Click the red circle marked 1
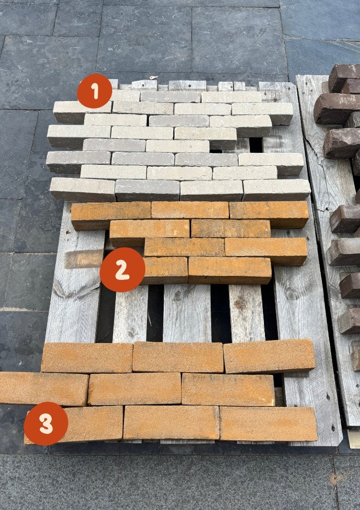click(95, 91)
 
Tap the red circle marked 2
click(122, 269)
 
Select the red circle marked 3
click(46, 424)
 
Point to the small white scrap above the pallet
click(152, 77)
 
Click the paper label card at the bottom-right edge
click(354, 439)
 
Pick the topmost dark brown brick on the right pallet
click(345, 77)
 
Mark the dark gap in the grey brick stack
click(255, 145)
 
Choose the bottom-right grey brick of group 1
click(277, 190)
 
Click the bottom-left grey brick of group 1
click(83, 189)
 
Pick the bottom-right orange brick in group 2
click(230, 270)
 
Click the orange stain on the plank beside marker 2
click(84, 259)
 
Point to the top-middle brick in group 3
click(178, 357)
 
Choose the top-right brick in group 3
click(269, 356)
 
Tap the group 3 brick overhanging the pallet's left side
click(44, 388)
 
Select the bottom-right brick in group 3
click(268, 423)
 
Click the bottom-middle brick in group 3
click(171, 422)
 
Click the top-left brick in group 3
click(87, 358)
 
